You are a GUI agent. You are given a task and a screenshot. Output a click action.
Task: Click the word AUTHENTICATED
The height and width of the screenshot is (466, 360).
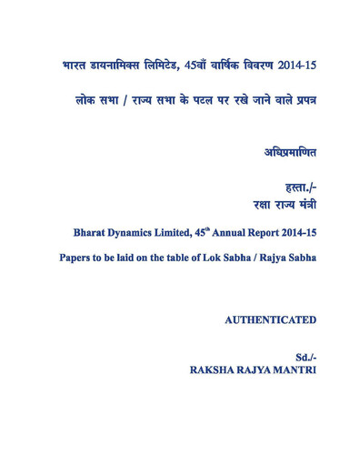click(270, 320)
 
